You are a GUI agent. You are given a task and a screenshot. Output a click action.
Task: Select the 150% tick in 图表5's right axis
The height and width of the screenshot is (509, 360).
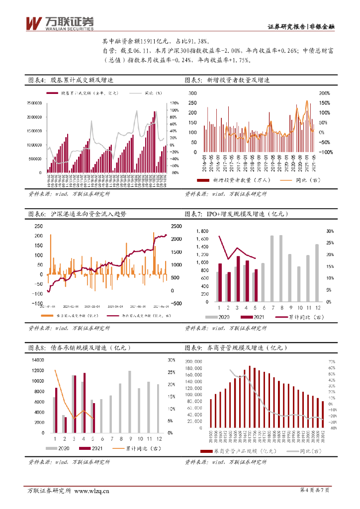324,103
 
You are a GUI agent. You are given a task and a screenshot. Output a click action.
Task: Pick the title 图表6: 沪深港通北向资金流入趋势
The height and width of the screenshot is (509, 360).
77,214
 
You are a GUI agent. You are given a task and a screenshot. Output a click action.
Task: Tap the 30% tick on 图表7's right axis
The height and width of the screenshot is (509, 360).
330,232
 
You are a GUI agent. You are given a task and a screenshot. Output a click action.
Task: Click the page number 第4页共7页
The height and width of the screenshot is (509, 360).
315,491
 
